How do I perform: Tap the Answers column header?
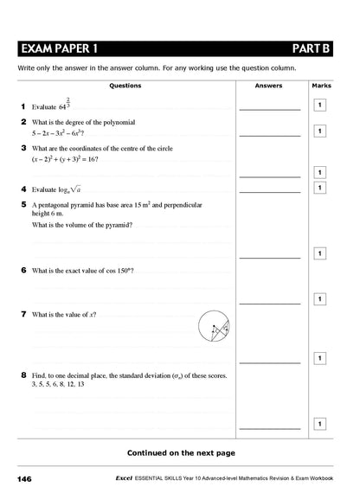(x=268, y=86)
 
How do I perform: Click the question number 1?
(x=22, y=106)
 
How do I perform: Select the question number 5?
(x=22, y=205)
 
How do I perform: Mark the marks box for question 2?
(x=319, y=131)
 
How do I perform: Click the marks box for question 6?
(x=319, y=299)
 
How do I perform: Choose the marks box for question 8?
(x=319, y=424)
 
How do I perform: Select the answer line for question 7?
(x=269, y=362)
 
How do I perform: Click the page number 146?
(x=24, y=478)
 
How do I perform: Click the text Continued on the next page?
(x=180, y=451)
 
